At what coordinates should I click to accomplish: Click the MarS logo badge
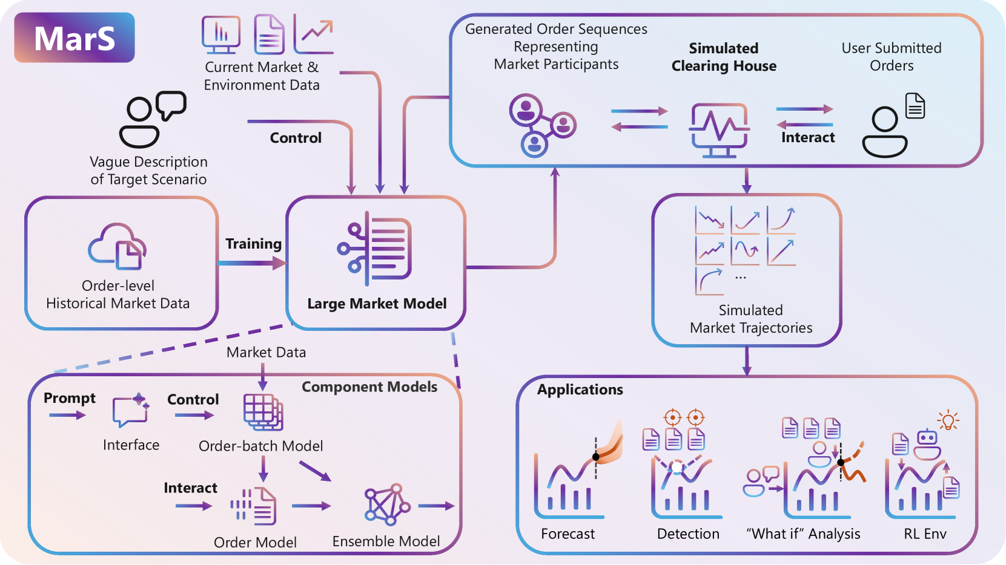74,38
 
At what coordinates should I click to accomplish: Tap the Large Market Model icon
374,249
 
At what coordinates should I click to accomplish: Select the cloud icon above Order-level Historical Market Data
117,246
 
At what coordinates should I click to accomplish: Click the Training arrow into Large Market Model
252,263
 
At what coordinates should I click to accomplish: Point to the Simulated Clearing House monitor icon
719,131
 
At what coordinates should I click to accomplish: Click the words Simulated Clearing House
724,57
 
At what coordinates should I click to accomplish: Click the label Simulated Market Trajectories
751,319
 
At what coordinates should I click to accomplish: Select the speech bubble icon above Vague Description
171,105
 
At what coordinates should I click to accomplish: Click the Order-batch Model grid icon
263,412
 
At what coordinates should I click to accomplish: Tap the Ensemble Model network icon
387,505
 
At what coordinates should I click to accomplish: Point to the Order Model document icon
254,506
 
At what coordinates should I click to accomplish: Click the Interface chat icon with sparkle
131,410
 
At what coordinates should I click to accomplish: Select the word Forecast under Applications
568,534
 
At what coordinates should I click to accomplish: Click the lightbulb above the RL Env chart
948,420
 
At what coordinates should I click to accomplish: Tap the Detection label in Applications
688,534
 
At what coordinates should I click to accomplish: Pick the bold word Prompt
70,398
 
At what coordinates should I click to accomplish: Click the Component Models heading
369,387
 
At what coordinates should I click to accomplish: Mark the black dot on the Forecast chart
596,457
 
